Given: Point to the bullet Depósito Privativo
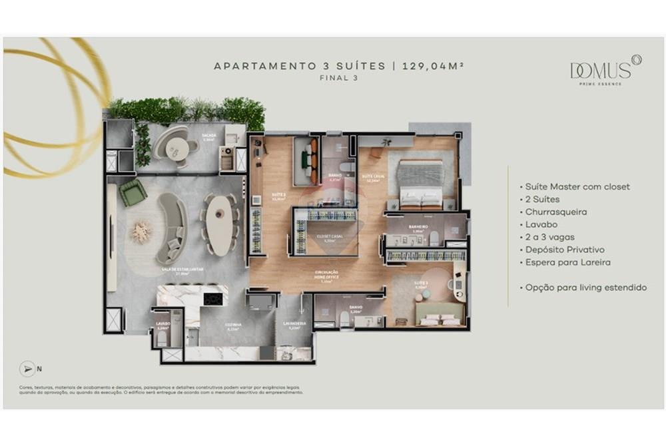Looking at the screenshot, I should (x=565, y=250).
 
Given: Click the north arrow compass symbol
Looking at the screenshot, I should (x=27, y=367).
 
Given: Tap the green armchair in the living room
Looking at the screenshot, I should (x=133, y=192).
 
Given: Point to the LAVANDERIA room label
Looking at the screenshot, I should (x=294, y=324).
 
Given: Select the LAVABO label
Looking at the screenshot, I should (x=164, y=324).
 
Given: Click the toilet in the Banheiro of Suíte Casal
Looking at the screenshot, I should (x=434, y=238).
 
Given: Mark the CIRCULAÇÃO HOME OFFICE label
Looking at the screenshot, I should (x=326, y=275).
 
